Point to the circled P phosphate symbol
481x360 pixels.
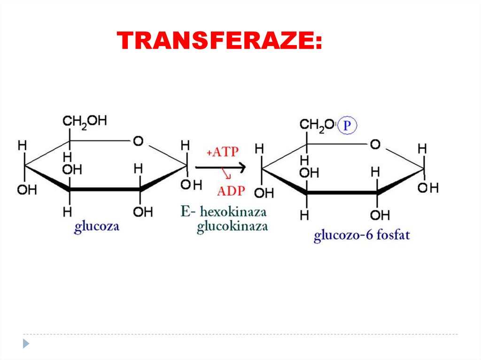[x=348, y=125]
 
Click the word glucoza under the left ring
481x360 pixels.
[x=97, y=228]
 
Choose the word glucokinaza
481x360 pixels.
[x=233, y=227]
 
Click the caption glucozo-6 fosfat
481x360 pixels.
[x=362, y=234]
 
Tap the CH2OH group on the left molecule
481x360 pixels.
[x=85, y=122]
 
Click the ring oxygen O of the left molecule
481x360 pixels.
[x=138, y=141]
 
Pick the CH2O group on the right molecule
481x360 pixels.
[x=317, y=125]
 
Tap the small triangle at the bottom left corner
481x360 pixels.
[x=26, y=344]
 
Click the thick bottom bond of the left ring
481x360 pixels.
[x=105, y=189]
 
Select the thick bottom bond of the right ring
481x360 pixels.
[x=341, y=192]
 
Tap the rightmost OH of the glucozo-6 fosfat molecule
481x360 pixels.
[x=428, y=188]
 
